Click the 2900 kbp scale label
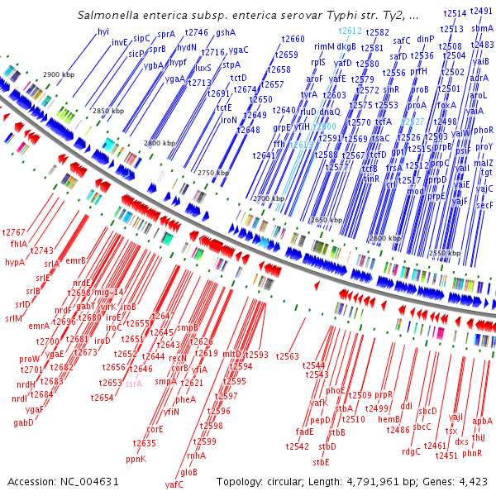59,74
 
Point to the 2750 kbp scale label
214,173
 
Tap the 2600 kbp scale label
387,238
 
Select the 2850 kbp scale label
107,110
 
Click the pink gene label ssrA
133,384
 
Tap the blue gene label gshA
226,32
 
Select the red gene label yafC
174,484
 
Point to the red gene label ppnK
136,458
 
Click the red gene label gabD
23,423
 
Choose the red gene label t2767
14,233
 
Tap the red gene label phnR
472,453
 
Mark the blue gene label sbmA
483,28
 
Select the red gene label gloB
188,472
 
